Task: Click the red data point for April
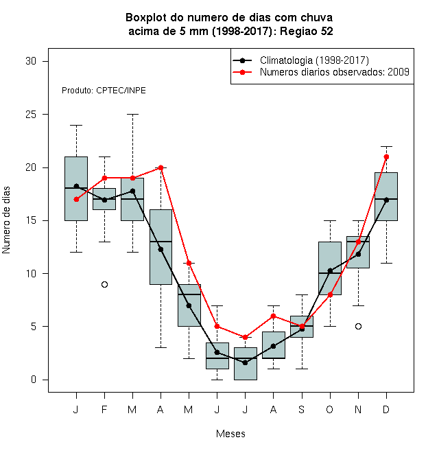pyautogui.click(x=161, y=167)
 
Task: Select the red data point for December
pyautogui.click(x=386, y=157)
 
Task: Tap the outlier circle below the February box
pyautogui.click(x=104, y=285)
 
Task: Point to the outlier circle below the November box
pyautogui.click(x=358, y=327)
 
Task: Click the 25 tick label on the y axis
pyautogui.click(x=31, y=115)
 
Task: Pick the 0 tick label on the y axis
pyautogui.click(x=34, y=380)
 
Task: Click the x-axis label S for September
pyautogui.click(x=302, y=410)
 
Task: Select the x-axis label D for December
pyautogui.click(x=386, y=410)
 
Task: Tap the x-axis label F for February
pyautogui.click(x=104, y=410)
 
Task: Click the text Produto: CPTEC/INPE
pyautogui.click(x=104, y=91)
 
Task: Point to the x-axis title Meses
pyautogui.click(x=230, y=434)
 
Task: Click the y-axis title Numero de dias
pyautogui.click(x=6, y=220)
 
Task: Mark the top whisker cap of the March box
pyautogui.click(x=133, y=115)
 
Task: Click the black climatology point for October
pyautogui.click(x=330, y=270)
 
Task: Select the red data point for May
pyautogui.click(x=189, y=263)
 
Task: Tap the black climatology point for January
pyautogui.click(x=76, y=186)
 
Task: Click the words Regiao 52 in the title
pyautogui.click(x=307, y=31)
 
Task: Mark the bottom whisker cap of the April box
pyautogui.click(x=161, y=347)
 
